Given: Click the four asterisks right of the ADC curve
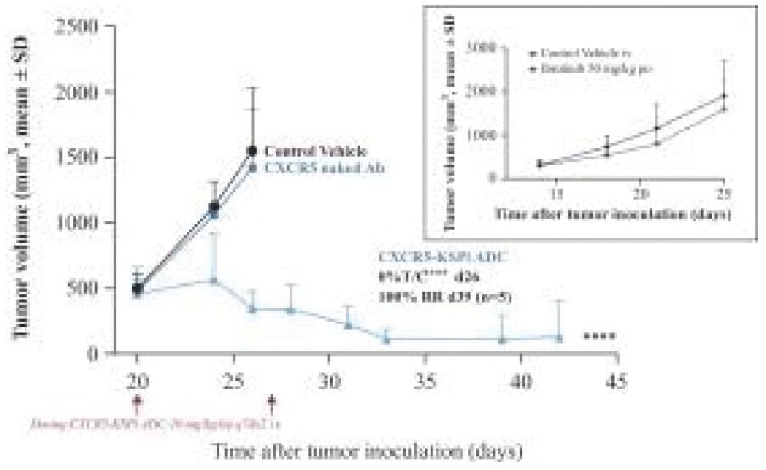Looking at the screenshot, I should point(600,337).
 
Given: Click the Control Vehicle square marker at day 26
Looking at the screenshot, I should point(252,151).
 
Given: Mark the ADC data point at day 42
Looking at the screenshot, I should point(560,338).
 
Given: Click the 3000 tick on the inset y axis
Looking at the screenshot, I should point(485,48).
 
